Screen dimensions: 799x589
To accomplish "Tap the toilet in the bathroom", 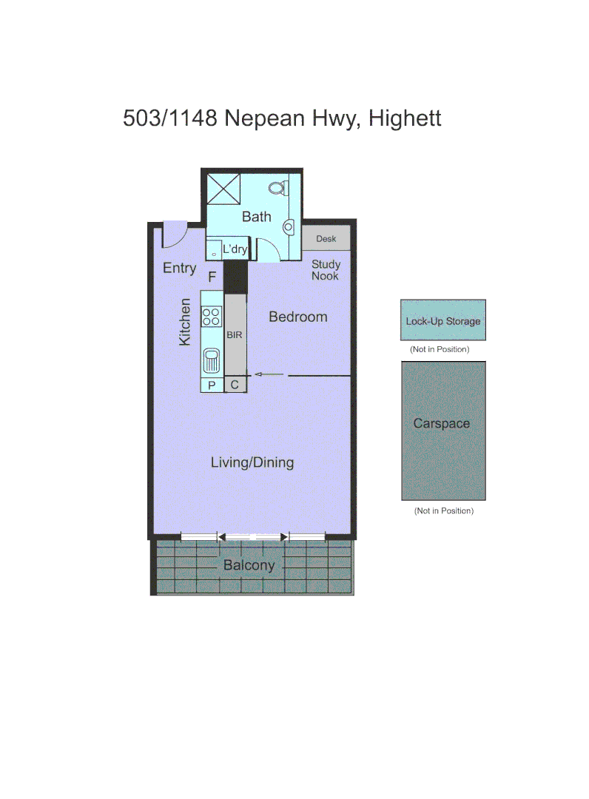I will coord(278,188).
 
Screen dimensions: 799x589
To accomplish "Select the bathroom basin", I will coord(288,227).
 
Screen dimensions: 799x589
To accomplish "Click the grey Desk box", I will coord(326,238).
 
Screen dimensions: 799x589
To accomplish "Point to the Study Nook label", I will coord(326,270).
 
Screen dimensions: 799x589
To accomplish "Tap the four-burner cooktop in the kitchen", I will coord(212,316).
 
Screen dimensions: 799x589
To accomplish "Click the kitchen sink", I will coord(212,360).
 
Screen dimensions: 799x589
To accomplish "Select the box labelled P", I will coord(212,385).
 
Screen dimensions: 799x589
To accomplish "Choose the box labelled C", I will coord(235,385).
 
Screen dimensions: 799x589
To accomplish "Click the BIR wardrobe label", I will coord(235,335).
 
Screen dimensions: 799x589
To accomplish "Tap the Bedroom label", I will coord(297,317).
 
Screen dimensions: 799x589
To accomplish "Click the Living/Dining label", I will coord(252,463).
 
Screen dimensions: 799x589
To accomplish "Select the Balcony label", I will coord(249,566).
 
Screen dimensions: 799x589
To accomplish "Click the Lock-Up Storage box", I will coord(443,321).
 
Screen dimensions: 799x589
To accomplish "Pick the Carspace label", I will coord(442,424).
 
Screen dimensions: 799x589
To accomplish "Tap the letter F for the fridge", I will coord(212,277).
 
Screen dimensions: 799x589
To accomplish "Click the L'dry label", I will coord(235,249).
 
